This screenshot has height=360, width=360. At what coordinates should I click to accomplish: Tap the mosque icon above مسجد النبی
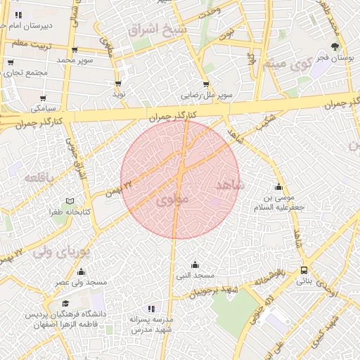coord(195,264)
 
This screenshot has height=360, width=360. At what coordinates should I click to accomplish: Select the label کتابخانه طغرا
coord(65,211)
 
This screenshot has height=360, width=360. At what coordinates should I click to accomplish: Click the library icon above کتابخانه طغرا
coord(69,201)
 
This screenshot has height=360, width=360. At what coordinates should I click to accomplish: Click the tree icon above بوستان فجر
coord(334,46)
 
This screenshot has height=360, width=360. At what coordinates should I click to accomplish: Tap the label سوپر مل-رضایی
coord(206,93)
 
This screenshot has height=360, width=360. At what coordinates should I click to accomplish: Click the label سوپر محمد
coord(75,60)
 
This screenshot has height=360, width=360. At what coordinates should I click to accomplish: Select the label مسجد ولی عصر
coord(82,282)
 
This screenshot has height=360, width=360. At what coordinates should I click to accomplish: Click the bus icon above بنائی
coord(304,270)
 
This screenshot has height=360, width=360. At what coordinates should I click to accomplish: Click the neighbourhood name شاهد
coord(229,186)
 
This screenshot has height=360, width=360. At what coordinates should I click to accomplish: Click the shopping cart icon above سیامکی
coord(44,98)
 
